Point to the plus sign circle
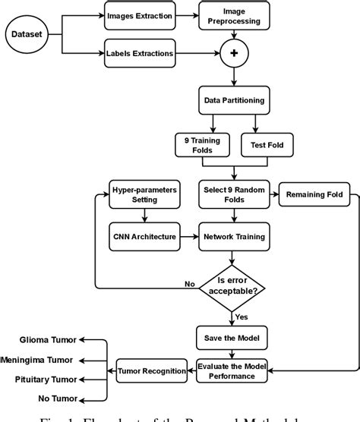point(233,55)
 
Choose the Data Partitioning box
point(233,99)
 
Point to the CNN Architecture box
point(141,237)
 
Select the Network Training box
point(233,237)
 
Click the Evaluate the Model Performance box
point(233,370)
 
